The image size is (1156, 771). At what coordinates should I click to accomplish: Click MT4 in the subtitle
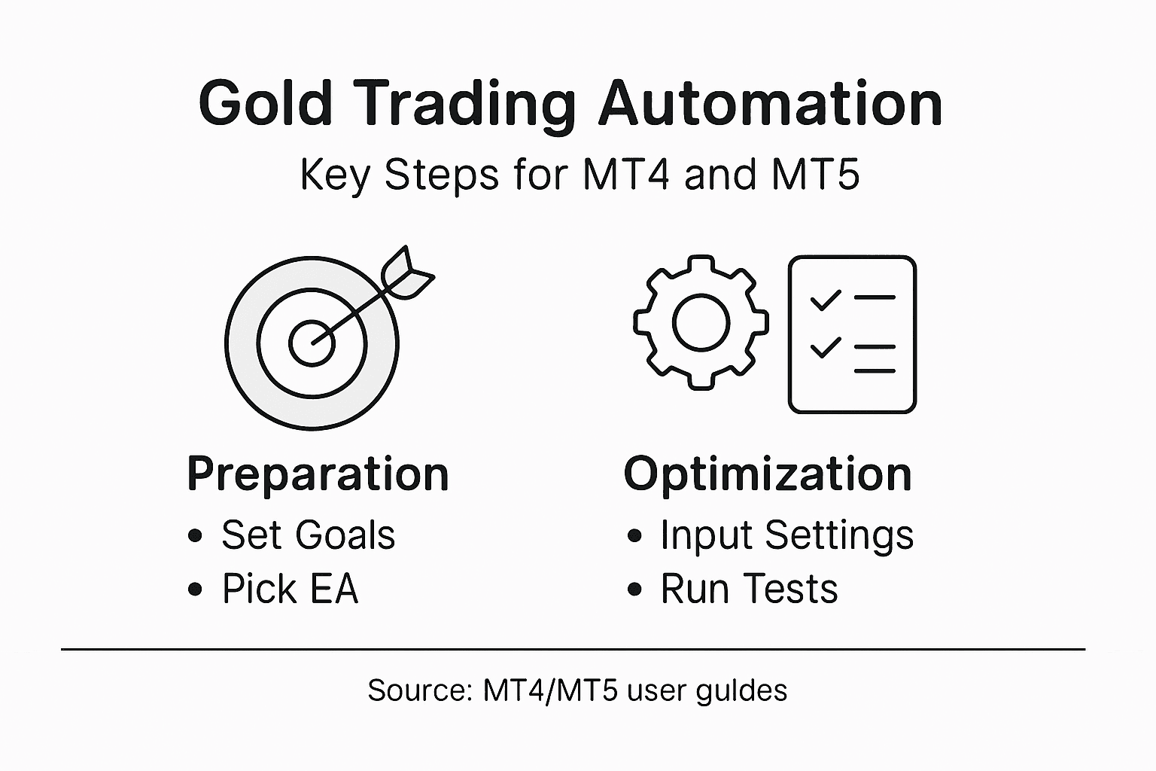[x=626, y=175]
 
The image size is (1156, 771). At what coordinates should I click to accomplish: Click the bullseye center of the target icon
[x=312, y=343]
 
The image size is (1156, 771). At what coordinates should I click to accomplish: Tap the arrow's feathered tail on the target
[x=406, y=274]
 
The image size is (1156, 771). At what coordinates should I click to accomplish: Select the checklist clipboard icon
[x=852, y=334]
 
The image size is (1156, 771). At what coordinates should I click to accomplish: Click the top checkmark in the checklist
[x=825, y=300]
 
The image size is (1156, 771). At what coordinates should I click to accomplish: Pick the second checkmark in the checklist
[x=825, y=348]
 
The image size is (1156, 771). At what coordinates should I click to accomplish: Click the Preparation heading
[x=318, y=474]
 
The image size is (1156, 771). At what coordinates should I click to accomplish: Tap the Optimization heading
[x=768, y=474]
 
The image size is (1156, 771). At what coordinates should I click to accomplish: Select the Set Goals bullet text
[x=308, y=535]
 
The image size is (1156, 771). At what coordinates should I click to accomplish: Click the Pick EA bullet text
[x=290, y=589]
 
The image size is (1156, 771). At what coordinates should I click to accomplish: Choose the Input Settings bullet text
[x=786, y=535]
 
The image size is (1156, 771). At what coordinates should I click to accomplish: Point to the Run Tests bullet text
[x=749, y=589]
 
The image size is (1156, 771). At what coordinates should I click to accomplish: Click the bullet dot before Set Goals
[x=196, y=536]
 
